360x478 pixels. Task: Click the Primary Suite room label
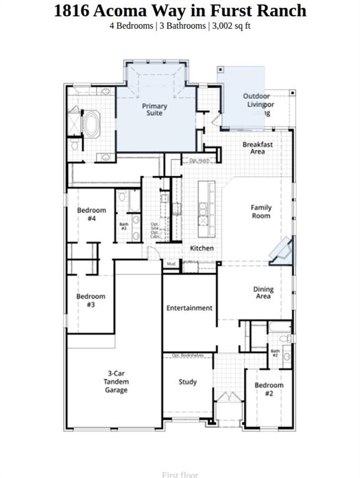pyautogui.click(x=154, y=110)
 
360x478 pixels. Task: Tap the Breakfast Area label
pyautogui.click(x=257, y=148)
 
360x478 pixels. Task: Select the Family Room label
pyautogui.click(x=261, y=212)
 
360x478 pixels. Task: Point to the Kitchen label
pyautogui.click(x=202, y=248)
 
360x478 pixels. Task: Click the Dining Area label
pyautogui.click(x=263, y=293)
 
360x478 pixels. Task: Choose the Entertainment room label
pyautogui.click(x=189, y=308)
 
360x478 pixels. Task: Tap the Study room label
pyautogui.click(x=187, y=382)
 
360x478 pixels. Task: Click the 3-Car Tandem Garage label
pyautogui.click(x=116, y=382)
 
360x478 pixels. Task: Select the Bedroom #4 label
pyautogui.click(x=92, y=215)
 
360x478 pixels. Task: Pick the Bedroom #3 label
pyautogui.click(x=91, y=301)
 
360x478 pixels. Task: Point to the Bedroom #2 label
pyautogui.click(x=269, y=389)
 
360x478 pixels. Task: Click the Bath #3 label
pyautogui.click(x=124, y=227)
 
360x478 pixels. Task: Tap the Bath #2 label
pyautogui.click(x=275, y=353)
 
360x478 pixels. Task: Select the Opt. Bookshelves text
pyautogui.click(x=188, y=355)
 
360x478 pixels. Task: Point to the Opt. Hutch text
pyautogui.click(x=199, y=161)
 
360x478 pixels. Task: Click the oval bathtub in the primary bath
pyautogui.click(x=92, y=124)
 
